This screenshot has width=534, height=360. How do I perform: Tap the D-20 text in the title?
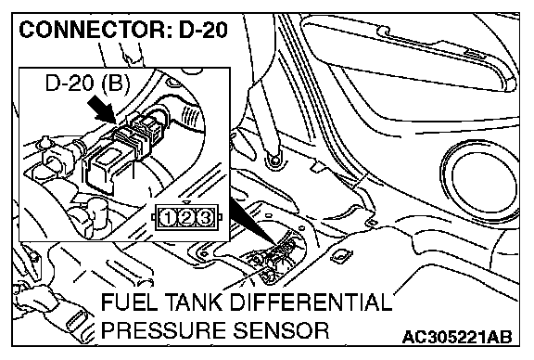point(203,30)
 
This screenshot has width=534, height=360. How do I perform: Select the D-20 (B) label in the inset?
point(87,83)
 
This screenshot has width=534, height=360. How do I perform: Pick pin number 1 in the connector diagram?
point(168,218)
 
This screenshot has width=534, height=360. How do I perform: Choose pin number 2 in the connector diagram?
point(186,218)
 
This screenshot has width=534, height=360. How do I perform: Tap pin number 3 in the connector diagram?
point(205,218)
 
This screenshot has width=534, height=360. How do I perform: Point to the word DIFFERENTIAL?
point(311,302)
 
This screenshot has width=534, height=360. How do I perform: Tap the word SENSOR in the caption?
point(281,330)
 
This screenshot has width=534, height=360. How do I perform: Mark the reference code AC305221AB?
point(457,337)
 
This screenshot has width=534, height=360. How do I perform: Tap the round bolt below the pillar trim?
point(273,160)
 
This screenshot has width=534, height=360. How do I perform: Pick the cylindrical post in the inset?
point(97,215)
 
